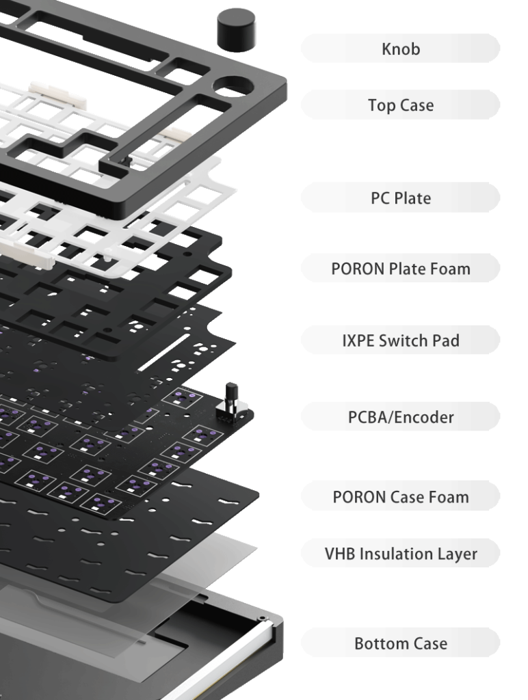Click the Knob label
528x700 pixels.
click(x=401, y=49)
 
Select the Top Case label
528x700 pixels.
click(x=401, y=105)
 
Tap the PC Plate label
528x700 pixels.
click(x=401, y=198)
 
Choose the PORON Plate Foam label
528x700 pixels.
click(x=401, y=269)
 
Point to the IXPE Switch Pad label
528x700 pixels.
click(x=401, y=340)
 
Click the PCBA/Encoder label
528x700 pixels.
click(x=401, y=417)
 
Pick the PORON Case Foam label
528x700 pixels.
click(x=401, y=497)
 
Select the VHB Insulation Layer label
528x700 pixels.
click(x=401, y=554)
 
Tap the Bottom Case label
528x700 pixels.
click(x=401, y=643)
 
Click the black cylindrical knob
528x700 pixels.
click(x=237, y=29)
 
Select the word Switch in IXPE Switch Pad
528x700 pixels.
click(x=397, y=340)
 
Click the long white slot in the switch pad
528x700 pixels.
click(x=165, y=352)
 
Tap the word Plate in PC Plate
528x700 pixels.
click(x=412, y=198)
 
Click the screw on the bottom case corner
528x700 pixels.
click(x=262, y=618)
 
